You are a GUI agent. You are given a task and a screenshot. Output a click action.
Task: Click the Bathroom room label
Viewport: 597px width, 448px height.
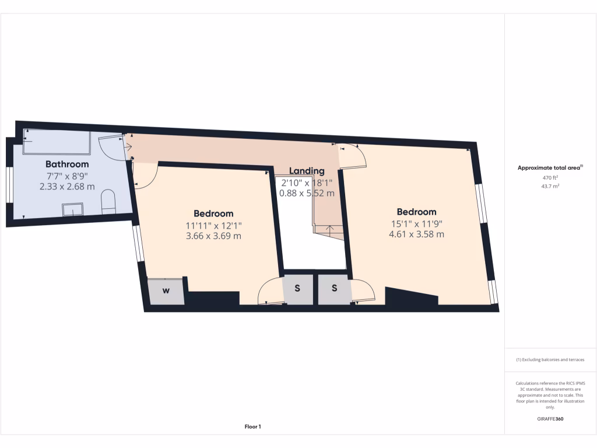[67, 164]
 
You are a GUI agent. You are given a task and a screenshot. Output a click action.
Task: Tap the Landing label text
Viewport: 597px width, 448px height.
[307, 171]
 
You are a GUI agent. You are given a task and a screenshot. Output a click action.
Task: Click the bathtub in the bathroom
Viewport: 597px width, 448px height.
[56, 142]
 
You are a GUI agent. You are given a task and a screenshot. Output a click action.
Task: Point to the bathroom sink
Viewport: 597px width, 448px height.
[73, 209]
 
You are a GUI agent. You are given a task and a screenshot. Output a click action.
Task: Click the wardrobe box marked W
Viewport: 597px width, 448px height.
[166, 291]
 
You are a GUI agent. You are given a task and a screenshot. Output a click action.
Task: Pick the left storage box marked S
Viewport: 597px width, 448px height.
[297, 289]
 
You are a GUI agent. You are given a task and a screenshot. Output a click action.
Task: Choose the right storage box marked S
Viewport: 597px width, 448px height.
[335, 289]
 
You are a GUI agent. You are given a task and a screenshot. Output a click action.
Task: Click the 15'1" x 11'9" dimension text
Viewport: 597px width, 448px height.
[416, 223]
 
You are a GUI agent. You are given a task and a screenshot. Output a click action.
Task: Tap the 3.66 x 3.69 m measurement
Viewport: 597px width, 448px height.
[213, 236]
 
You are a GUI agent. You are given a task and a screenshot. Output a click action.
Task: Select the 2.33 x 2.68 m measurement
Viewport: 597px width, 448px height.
[67, 187]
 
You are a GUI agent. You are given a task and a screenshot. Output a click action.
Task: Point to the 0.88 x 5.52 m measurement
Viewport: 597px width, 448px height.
[307, 193]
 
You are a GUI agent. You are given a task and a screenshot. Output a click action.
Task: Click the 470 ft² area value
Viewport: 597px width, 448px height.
[550, 177]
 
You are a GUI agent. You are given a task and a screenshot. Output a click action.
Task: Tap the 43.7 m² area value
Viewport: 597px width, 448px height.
[550, 186]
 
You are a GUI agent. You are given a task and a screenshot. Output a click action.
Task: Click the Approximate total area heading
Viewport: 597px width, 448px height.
[550, 168]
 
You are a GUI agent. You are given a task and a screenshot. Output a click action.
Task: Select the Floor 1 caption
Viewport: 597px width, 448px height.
[252, 427]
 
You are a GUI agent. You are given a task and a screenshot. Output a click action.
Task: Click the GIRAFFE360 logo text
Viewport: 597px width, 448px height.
[550, 419]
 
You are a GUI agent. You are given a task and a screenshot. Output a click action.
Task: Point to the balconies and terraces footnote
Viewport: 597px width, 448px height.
[550, 360]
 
